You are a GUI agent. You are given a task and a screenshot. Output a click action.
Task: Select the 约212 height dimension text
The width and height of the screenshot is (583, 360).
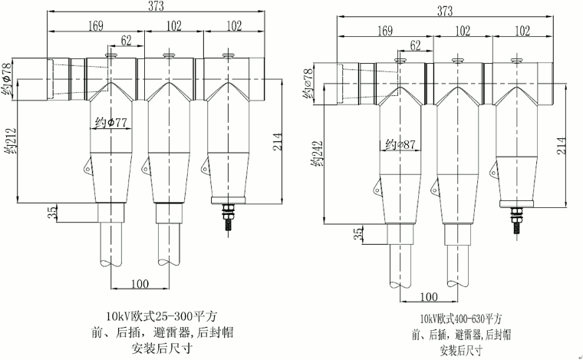click(x=12, y=143)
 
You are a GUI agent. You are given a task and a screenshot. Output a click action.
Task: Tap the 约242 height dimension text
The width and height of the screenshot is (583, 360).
click(x=315, y=153)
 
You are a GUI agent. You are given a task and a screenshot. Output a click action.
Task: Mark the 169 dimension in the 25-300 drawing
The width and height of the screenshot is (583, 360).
click(x=94, y=26)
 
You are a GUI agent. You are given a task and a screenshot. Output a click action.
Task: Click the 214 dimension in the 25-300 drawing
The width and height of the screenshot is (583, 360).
click(x=278, y=140)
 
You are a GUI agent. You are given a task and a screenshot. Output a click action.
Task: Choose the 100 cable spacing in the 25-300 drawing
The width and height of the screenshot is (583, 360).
click(x=140, y=284)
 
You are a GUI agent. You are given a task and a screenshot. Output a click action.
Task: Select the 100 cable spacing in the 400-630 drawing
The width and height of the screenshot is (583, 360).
click(x=429, y=297)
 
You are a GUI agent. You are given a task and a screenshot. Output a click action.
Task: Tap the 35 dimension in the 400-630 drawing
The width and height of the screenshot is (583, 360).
click(x=357, y=234)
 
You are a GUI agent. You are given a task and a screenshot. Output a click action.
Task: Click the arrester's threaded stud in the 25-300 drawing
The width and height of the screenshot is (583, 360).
click(x=227, y=220)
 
